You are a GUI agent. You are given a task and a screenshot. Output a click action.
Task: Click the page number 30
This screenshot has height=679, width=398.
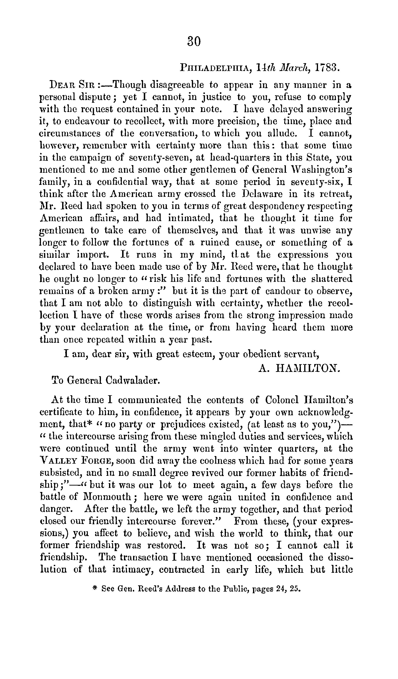(x=194, y=42)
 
